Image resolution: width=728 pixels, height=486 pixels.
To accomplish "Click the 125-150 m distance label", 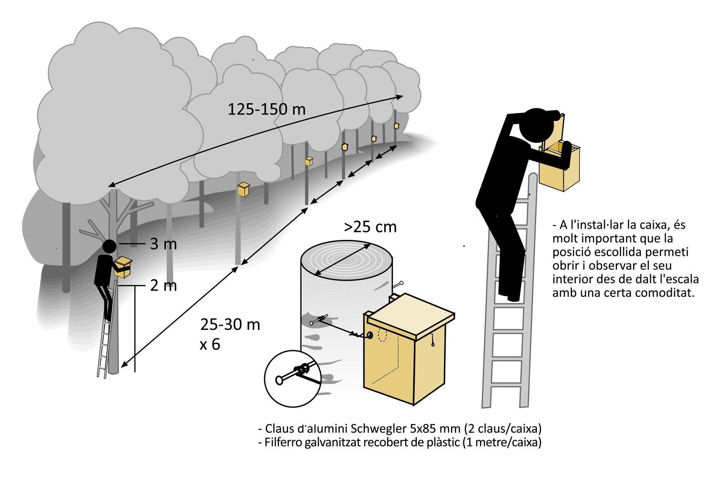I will [x=267, y=109].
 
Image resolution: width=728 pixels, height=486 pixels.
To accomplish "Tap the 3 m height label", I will [x=163, y=244].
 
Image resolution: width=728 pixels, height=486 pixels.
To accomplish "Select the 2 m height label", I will [x=163, y=285].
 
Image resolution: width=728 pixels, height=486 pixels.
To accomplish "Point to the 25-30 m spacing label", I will [x=230, y=325].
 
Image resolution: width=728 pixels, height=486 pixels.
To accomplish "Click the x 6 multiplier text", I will [x=210, y=344].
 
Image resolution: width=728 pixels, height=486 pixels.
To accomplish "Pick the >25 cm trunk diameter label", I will [x=370, y=227].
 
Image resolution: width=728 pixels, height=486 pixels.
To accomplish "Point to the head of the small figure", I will [x=109, y=247].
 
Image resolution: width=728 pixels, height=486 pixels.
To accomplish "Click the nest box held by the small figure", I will [x=123, y=267].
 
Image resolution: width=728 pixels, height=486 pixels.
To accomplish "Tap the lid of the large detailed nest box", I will [x=411, y=314].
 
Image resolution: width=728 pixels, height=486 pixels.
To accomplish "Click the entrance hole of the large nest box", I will [x=370, y=335].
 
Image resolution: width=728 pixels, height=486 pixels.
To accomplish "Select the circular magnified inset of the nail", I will [x=293, y=379].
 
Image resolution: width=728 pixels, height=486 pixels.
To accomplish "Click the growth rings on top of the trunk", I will [x=346, y=260].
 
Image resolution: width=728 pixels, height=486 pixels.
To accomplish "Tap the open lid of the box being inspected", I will [x=554, y=131].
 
